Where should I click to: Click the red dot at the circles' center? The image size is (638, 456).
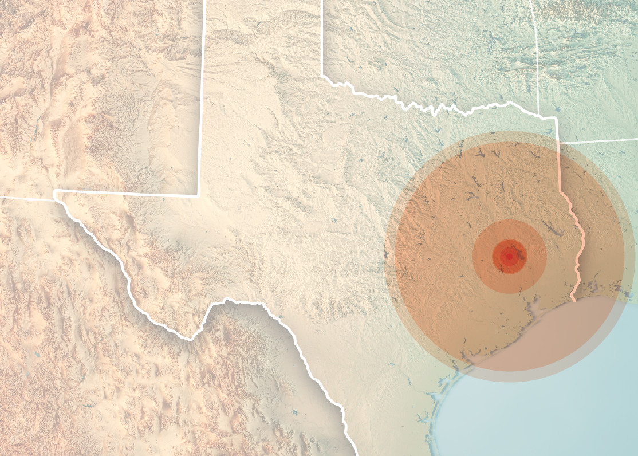click(509, 256)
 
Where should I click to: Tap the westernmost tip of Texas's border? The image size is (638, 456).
click(55, 195)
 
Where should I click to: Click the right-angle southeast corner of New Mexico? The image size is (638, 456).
click(199, 195)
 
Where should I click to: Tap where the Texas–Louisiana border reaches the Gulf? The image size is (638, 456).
click(573, 300)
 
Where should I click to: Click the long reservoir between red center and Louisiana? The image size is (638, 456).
click(552, 229)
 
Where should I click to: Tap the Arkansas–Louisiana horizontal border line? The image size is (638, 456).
click(601, 140)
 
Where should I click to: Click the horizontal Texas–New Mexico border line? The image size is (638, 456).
click(126, 193)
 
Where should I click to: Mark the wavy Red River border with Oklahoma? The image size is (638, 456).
click(435, 109)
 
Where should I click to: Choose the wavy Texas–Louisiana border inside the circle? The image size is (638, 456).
click(578, 241)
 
